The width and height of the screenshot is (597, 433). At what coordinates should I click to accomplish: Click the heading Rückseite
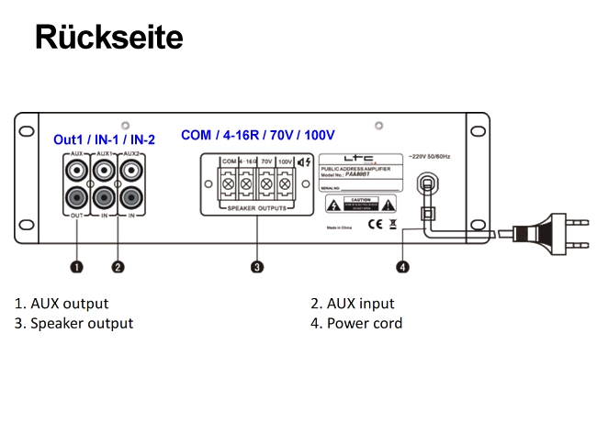point(108,37)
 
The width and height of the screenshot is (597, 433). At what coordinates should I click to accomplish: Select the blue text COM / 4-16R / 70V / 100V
point(257,135)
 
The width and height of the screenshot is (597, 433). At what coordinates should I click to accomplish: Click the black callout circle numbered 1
point(76,267)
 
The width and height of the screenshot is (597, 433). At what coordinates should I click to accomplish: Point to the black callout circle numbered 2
point(118,267)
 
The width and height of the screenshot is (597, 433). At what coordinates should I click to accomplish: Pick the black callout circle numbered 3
point(258,267)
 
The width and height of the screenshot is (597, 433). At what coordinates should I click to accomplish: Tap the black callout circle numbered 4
point(403,267)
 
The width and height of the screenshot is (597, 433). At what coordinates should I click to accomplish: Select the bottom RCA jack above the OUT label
point(76,195)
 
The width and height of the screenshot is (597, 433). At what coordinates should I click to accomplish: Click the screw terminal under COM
point(228,183)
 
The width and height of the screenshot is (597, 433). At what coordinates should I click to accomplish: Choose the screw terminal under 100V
point(285,183)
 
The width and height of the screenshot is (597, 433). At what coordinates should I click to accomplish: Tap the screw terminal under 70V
point(265,183)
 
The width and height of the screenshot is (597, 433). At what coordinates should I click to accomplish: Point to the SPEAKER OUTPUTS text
point(257,209)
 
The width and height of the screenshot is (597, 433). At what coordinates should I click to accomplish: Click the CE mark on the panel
point(375,222)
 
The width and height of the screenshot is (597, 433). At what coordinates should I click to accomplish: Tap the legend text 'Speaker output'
point(82,323)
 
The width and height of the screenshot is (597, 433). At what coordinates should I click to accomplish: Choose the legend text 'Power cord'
point(364,323)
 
